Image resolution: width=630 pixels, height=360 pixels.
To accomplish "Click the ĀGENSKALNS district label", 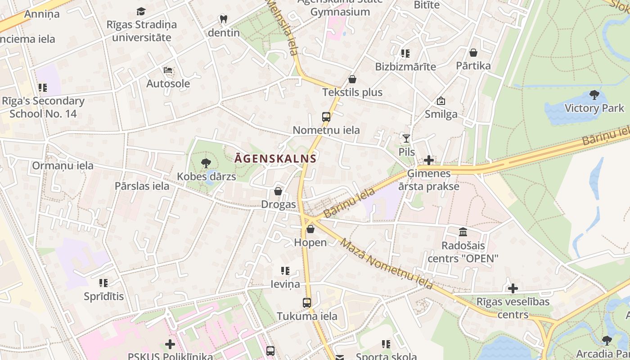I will (275, 158).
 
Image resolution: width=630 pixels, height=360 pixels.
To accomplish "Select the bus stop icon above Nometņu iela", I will (326, 117).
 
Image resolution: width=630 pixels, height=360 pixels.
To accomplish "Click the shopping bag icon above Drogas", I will (278, 191).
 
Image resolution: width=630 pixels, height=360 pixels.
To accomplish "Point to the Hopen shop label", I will (310, 243).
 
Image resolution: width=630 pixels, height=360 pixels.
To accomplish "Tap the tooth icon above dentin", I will (223, 19).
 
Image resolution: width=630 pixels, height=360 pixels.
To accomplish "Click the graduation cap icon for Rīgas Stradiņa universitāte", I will (141, 11).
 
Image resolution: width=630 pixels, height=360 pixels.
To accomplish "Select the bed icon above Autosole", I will (168, 70).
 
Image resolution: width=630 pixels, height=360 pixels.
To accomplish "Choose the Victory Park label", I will (594, 108).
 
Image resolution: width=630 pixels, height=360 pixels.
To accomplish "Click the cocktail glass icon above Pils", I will (406, 139).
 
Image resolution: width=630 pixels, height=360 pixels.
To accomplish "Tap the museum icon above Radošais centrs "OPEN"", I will (463, 232).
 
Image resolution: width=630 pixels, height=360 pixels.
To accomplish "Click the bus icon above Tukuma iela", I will (307, 303).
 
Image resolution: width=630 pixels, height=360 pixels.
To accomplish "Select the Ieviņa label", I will (285, 284).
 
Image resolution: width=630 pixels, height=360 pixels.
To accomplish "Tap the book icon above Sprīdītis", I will (103, 283).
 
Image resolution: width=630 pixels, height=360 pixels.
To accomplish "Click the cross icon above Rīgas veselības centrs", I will (513, 288).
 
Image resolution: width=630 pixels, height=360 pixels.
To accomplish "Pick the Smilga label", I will (441, 114).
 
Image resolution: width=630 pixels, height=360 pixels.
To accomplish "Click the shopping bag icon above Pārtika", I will (473, 53).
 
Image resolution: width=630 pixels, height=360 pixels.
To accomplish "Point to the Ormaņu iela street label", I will (63, 166).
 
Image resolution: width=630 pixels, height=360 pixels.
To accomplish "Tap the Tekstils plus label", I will (352, 92).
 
